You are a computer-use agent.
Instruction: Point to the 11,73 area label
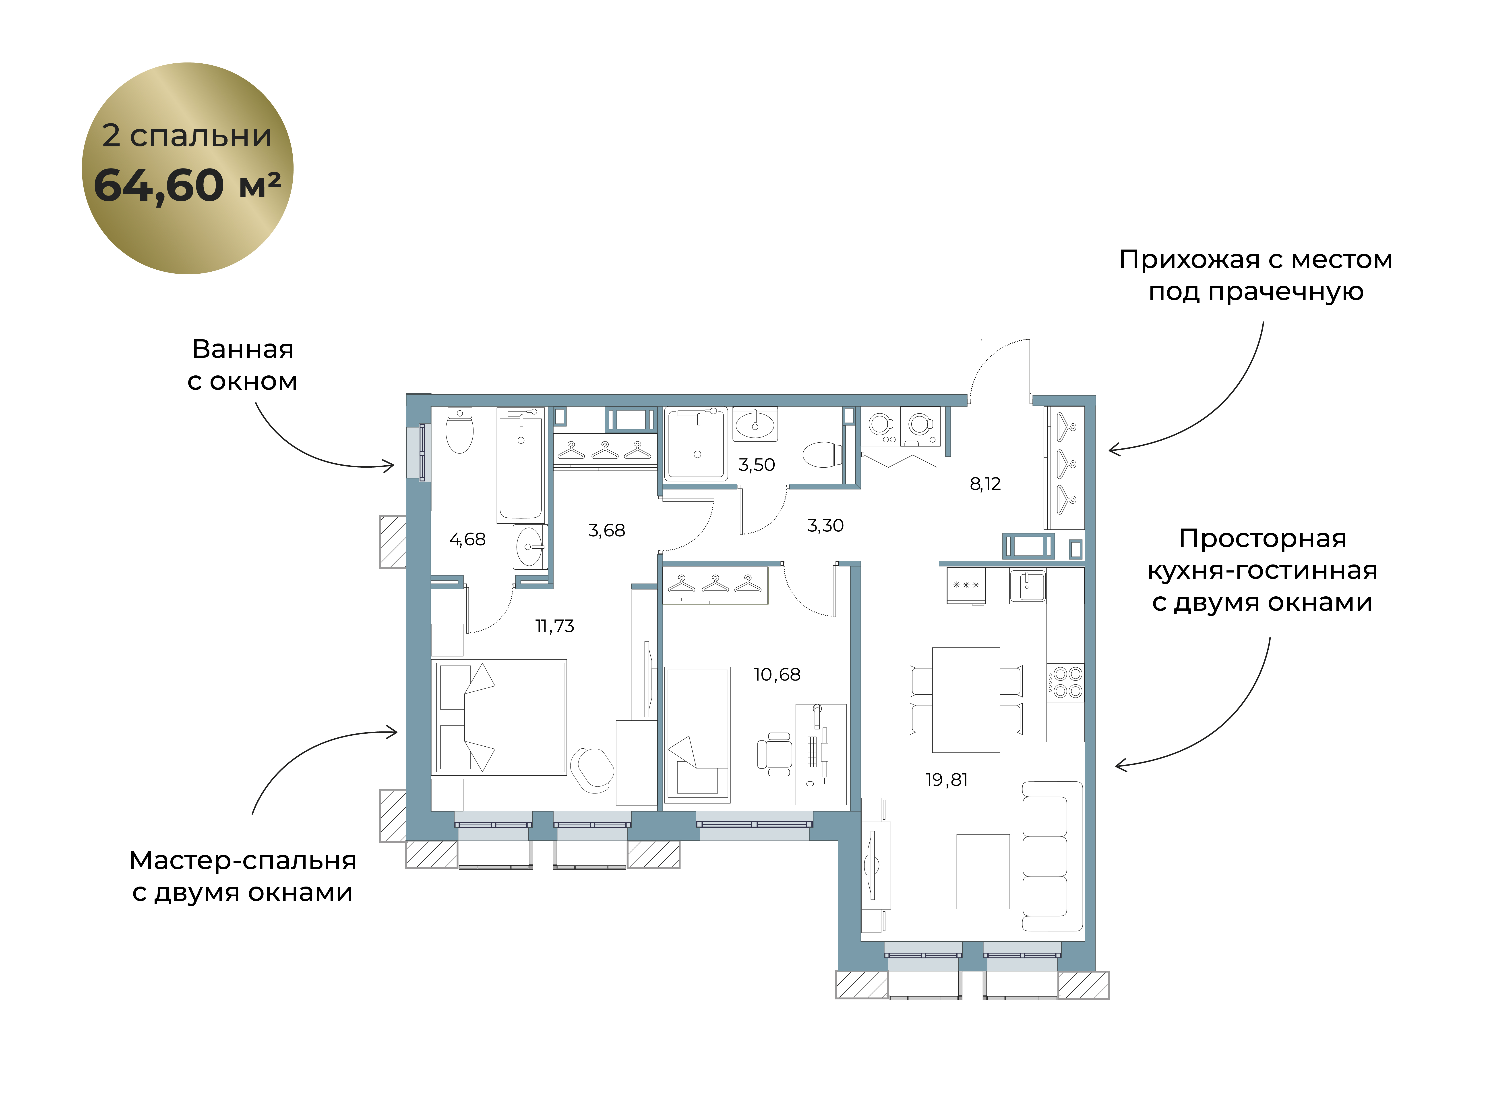click(555, 626)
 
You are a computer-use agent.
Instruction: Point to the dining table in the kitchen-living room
click(966, 700)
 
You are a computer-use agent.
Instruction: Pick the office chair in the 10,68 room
click(775, 754)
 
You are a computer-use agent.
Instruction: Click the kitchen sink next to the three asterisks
click(1027, 585)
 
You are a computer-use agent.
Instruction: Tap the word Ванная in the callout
click(243, 349)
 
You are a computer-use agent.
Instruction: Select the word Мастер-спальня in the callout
click(243, 860)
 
